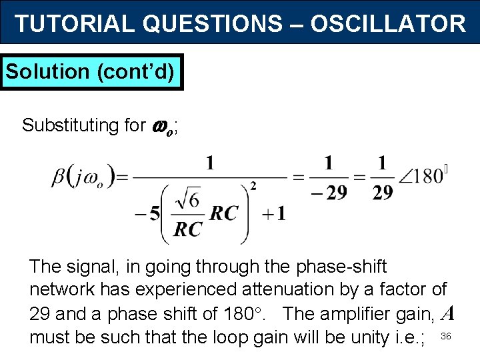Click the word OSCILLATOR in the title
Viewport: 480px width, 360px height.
pos(387,24)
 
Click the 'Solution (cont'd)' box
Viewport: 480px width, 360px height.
pos(93,71)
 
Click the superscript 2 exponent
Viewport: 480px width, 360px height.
pos(253,184)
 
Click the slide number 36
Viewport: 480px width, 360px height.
pos(447,336)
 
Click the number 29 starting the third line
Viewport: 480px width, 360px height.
pos(41,313)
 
